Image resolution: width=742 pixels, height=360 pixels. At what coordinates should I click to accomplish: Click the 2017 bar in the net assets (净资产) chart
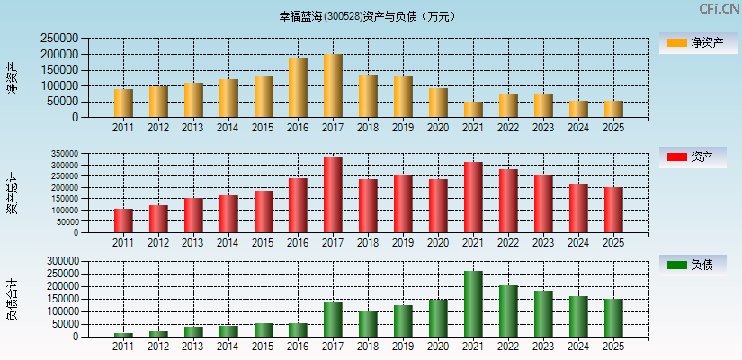click(x=333, y=85)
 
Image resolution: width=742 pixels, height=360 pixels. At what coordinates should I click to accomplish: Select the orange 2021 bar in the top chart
click(x=473, y=109)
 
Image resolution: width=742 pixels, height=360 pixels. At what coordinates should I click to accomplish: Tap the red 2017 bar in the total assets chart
click(x=333, y=194)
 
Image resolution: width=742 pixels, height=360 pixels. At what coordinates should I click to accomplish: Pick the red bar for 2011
click(x=123, y=220)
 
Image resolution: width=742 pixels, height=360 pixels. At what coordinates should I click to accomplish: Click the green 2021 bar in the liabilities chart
click(x=473, y=304)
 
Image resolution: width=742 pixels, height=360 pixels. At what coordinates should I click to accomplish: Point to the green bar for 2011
click(x=123, y=335)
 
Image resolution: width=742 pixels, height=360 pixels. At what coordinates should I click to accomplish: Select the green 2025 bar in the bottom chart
click(x=613, y=318)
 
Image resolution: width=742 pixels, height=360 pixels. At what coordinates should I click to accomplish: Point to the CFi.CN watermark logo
click(x=719, y=9)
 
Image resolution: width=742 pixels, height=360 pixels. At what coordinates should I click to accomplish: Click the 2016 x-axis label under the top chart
click(x=298, y=128)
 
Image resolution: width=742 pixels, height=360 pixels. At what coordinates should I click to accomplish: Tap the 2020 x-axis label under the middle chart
click(x=438, y=243)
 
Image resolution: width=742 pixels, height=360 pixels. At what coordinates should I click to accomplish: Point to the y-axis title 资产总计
click(x=12, y=192)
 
